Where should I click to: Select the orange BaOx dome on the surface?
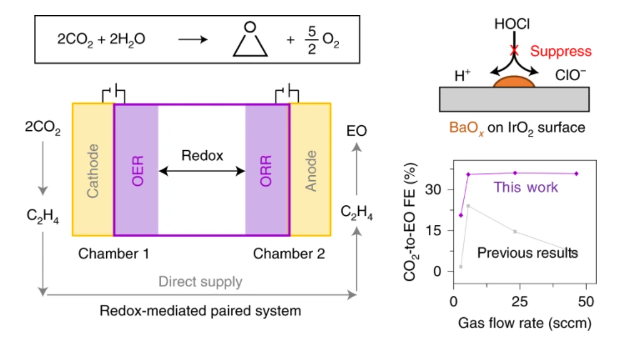(x=514, y=81)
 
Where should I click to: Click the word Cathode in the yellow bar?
(x=93, y=170)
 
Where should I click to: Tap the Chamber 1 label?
(x=113, y=254)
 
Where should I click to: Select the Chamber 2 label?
(x=289, y=254)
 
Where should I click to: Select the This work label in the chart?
(x=525, y=187)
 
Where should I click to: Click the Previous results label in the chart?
(x=527, y=253)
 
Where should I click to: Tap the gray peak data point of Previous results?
(x=468, y=206)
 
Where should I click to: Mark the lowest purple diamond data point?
(x=460, y=215)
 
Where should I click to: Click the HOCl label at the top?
(x=512, y=24)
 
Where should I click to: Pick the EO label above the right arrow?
(x=356, y=132)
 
